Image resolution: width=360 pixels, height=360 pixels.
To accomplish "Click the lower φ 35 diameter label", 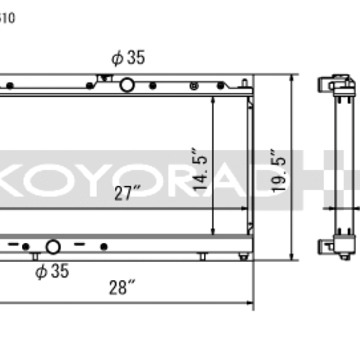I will click(52, 271).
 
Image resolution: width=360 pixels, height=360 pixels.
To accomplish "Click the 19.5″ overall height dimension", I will click(279, 170).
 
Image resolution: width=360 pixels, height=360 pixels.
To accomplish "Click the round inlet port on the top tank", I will click(127, 85).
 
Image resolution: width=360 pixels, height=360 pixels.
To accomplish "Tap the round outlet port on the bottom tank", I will click(53, 247).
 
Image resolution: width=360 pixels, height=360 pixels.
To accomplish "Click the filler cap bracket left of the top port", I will click(106, 78).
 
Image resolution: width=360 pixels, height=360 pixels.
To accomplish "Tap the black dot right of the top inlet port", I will click(152, 86).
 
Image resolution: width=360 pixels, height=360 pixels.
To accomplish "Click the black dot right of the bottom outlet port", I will click(104, 247).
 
